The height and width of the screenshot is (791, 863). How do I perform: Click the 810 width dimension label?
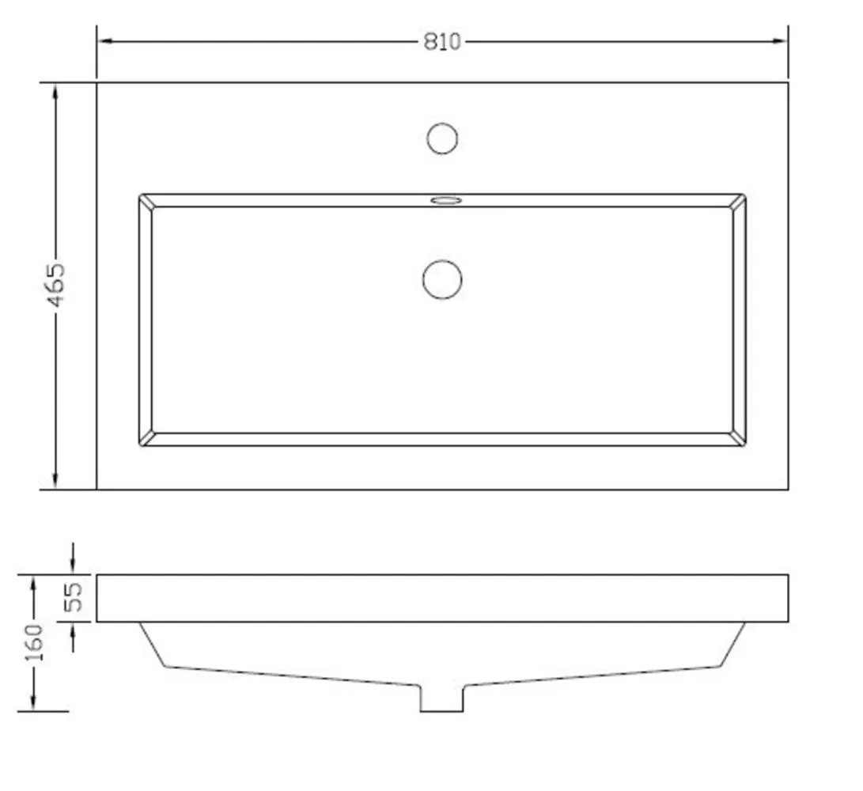pyautogui.click(x=442, y=42)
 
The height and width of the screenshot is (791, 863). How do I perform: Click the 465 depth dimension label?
pyautogui.click(x=56, y=285)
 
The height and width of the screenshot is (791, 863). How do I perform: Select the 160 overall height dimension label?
pyautogui.click(x=34, y=643)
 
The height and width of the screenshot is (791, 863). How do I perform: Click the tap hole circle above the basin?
pyautogui.click(x=442, y=138)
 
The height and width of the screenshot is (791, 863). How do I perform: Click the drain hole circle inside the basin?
pyautogui.click(x=442, y=280)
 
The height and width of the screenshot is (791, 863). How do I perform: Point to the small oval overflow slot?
pyautogui.click(x=446, y=200)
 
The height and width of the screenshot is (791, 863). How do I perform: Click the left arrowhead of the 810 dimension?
pyautogui.click(x=104, y=41)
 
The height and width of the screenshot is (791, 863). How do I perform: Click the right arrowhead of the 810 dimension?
pyautogui.click(x=781, y=41)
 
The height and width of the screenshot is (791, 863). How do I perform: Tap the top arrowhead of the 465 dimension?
pyautogui.click(x=55, y=91)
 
